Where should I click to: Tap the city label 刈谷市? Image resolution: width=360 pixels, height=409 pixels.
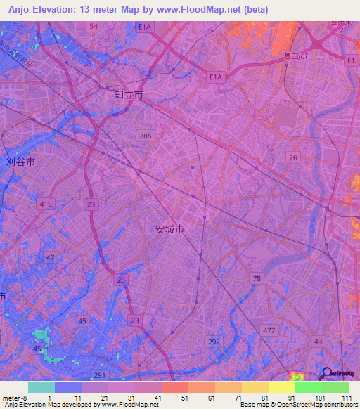click(x=20, y=161)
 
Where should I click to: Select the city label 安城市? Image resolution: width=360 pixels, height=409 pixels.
click(x=169, y=229)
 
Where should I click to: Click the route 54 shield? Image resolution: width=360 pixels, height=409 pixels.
click(x=94, y=25)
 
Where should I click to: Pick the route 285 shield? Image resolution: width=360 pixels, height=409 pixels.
click(x=146, y=135)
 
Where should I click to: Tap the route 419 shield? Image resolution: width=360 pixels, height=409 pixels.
click(x=46, y=204)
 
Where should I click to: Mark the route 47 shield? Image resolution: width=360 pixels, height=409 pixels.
click(x=50, y=258)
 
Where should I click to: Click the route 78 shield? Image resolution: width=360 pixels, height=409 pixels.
click(x=257, y=279)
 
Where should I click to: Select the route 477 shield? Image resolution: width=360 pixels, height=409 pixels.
click(x=267, y=329)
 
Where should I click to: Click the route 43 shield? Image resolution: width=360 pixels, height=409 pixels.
click(x=319, y=341)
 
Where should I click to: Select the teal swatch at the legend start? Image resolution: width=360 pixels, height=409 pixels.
click(x=41, y=387)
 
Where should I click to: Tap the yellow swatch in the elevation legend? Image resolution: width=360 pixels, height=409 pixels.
click(x=281, y=387)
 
